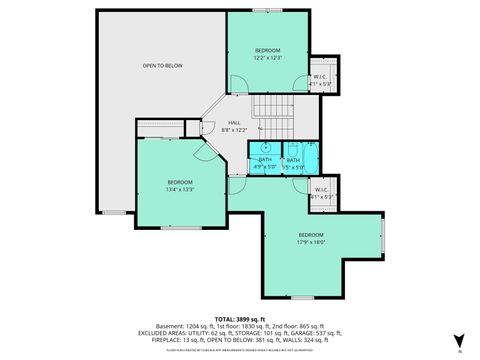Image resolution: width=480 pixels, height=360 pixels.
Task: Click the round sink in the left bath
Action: tap(265, 147)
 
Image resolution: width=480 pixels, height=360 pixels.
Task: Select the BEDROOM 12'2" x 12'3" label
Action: tap(267, 54)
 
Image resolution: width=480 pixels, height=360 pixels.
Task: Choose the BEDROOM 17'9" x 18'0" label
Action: tap(310, 238)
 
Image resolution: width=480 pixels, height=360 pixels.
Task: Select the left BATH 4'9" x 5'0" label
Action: tap(265, 163)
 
